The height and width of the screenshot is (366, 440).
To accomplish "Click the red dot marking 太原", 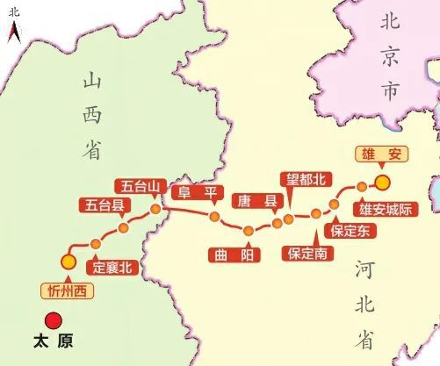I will [x=54, y=320].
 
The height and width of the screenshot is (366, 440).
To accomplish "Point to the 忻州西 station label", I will [x=60, y=288].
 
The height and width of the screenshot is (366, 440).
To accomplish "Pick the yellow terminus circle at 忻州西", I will [x=68, y=261].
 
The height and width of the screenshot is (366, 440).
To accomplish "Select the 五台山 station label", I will [x=141, y=185].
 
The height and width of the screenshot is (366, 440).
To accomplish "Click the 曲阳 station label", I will [x=232, y=255].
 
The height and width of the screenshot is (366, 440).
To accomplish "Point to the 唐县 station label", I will [x=255, y=202].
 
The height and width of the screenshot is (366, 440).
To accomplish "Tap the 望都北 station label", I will [x=307, y=181].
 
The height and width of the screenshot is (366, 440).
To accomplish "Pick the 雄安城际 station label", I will [x=385, y=209].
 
